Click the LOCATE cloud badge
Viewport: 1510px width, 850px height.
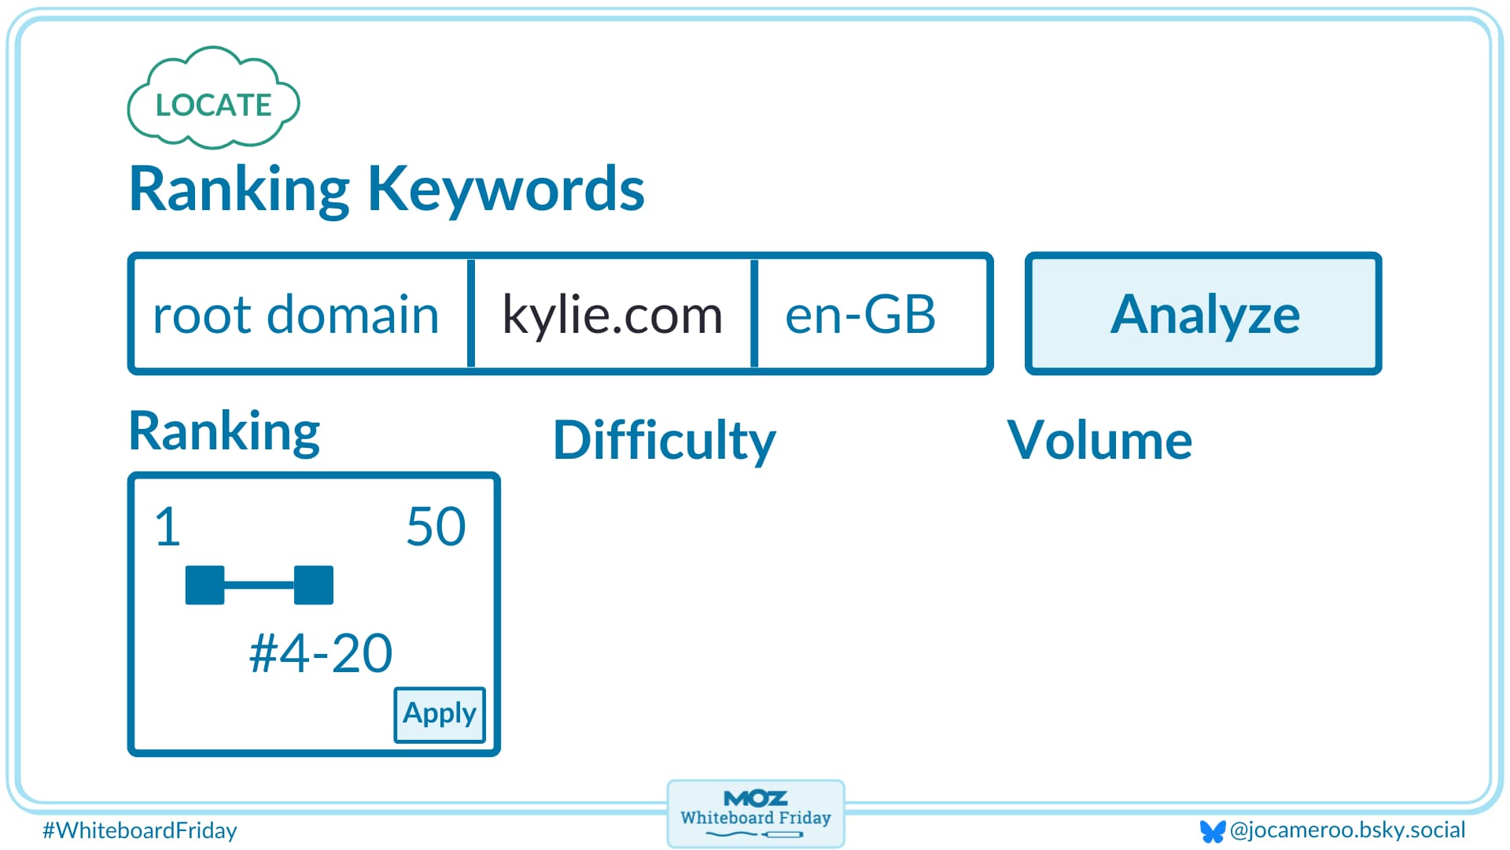coord(213,103)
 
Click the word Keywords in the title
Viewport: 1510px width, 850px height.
coord(506,189)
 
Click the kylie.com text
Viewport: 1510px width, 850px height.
coord(612,314)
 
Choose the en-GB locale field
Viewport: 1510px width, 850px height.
coord(860,314)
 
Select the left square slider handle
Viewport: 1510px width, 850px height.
coord(204,585)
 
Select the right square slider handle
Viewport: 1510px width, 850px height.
coord(314,585)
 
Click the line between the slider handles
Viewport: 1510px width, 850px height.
coord(260,585)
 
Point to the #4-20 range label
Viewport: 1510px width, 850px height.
coord(321,652)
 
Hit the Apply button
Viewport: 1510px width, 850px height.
coord(440,714)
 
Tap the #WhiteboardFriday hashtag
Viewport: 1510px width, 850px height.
coord(140,830)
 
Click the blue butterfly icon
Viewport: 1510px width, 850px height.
coord(1213,831)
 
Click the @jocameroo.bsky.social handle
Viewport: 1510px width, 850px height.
coord(1347,830)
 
